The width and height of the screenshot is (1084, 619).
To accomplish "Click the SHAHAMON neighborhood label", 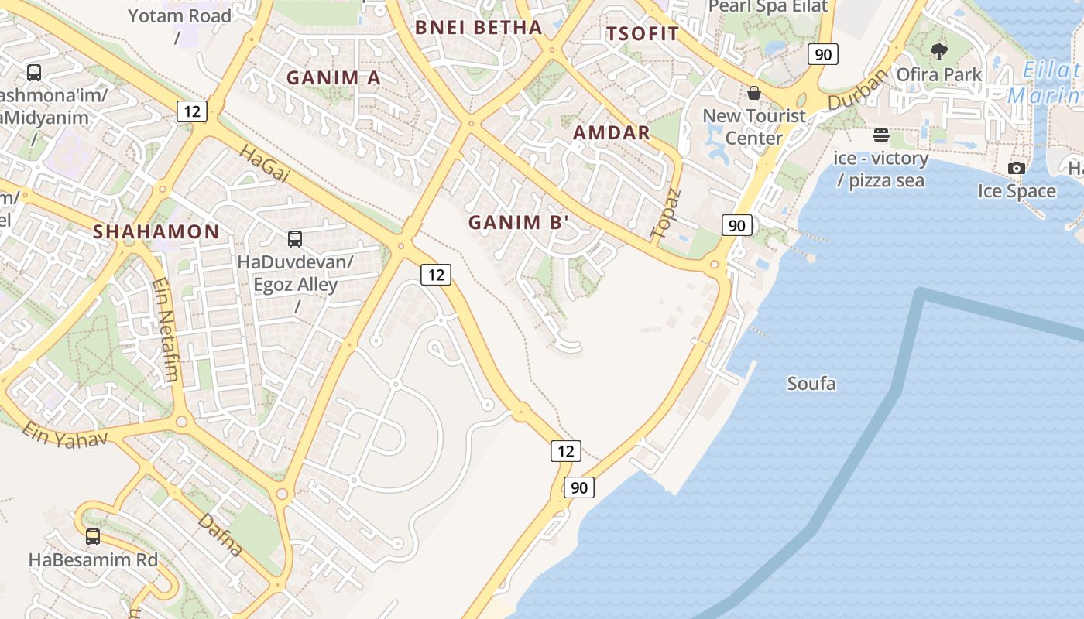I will (x=156, y=231).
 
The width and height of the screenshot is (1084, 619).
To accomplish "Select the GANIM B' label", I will (x=519, y=223).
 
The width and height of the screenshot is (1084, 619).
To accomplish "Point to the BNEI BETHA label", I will (x=479, y=28).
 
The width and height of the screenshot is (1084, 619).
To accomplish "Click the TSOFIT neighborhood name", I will (x=642, y=34).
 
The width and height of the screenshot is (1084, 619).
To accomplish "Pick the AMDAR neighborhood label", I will (x=611, y=132).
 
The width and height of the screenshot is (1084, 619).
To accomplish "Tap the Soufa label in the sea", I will (x=811, y=383).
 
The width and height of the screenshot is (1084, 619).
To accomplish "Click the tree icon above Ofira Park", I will (x=939, y=53).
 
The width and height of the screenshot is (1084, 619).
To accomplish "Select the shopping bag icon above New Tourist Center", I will (x=753, y=94).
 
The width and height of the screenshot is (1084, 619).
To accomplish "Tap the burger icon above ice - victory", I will (x=880, y=136).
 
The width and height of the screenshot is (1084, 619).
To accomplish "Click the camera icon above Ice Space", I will (x=1016, y=169).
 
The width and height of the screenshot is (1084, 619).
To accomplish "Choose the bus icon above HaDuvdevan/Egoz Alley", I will (x=295, y=238).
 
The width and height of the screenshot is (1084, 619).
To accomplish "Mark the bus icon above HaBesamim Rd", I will (x=93, y=536).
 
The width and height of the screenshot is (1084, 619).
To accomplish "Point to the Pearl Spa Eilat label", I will (x=768, y=7).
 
